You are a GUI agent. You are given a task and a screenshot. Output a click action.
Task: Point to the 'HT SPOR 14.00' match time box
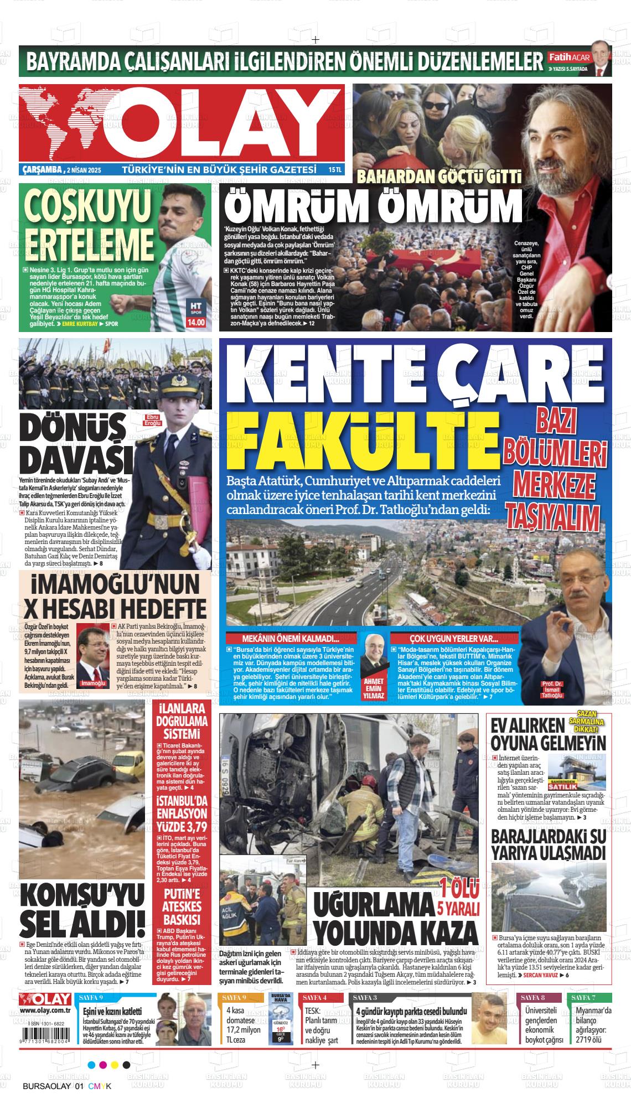[x=196, y=313]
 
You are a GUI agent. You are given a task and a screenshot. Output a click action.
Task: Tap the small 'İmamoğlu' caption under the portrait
[x=93, y=683]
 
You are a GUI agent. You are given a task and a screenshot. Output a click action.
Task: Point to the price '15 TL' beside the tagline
[x=334, y=169]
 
